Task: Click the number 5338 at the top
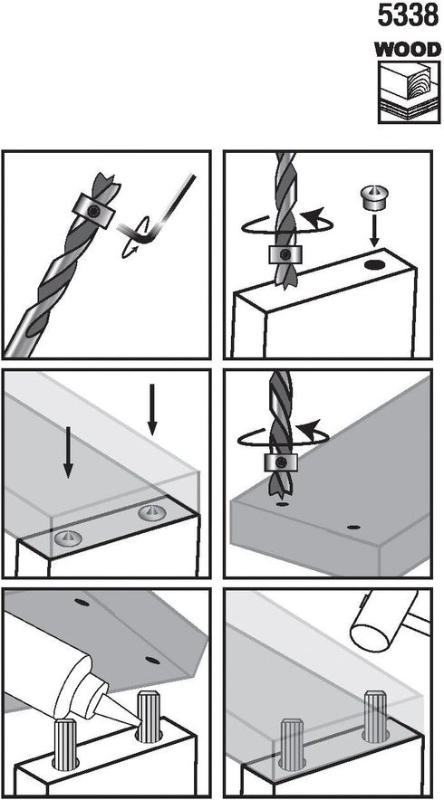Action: point(409,15)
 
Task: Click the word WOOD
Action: point(408,50)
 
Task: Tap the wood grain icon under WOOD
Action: point(409,92)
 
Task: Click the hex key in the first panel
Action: point(159,209)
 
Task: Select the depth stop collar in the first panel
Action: point(93,211)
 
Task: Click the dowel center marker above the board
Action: point(374,196)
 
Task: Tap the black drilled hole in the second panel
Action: point(374,265)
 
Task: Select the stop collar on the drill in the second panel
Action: point(285,253)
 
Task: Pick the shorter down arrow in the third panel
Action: point(152,408)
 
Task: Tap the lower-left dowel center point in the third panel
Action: point(67,538)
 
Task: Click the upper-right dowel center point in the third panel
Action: point(152,513)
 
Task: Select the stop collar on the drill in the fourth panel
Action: point(280,463)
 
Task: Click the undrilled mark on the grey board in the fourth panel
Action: point(352,527)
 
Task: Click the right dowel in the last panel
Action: point(375,716)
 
